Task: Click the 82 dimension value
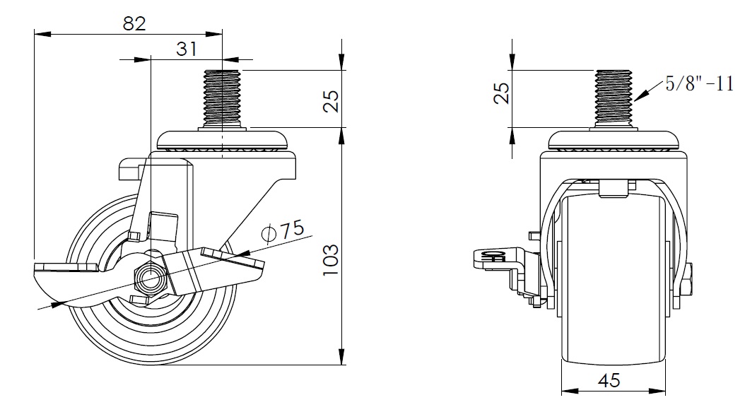point(134,23)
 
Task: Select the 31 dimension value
point(186,49)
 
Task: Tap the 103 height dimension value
point(331,260)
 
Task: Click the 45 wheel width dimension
point(609,380)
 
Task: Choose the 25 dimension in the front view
point(502,93)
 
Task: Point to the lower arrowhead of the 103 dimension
point(341,357)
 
